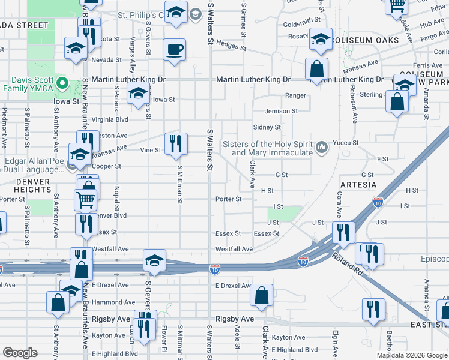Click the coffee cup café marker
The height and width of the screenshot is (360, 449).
[175, 50]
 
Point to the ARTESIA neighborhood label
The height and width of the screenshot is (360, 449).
[358, 185]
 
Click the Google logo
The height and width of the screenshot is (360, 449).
[19, 353]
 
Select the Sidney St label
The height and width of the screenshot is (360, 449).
[267, 127]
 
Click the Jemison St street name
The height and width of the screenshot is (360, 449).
[281, 111]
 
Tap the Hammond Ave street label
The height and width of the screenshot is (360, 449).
[114, 302]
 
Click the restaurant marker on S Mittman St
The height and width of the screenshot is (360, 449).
[176, 144]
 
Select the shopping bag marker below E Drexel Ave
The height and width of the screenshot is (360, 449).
[261, 295]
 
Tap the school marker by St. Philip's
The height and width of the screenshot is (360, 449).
[176, 13]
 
